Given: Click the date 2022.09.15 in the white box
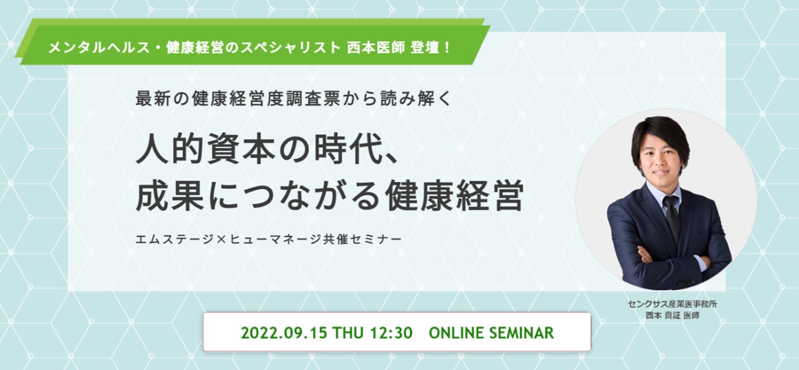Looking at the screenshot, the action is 284,333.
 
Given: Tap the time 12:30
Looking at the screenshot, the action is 391,333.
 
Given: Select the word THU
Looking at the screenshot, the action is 348,333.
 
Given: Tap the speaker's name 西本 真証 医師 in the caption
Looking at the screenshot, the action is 672,315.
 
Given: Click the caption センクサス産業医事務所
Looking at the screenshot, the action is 672,304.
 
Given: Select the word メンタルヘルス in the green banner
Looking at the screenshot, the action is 99,47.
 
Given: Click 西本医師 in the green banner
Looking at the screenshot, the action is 376,47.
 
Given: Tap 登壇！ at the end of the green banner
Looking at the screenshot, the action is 430,47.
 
